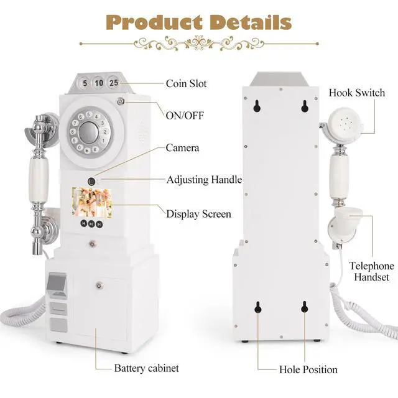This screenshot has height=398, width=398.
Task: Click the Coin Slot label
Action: [x=186, y=83]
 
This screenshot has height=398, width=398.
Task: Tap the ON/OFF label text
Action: [x=185, y=116]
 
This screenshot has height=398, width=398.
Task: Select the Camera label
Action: [x=182, y=148]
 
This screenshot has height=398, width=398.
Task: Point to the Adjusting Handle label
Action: [x=204, y=180]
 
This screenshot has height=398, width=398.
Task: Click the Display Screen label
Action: [x=198, y=214]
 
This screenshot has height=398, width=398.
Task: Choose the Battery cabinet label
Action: [x=147, y=368]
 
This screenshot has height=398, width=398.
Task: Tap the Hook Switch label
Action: [x=357, y=93]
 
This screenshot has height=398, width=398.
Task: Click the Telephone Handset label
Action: [x=371, y=272]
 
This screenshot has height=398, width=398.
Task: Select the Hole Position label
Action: [x=308, y=369]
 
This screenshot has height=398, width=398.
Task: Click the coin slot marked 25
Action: [x=113, y=81]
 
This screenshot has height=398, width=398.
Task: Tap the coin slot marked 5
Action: [x=85, y=81]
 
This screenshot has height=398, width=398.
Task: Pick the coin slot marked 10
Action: [x=98, y=81]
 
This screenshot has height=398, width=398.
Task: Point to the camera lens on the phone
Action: [x=91, y=180]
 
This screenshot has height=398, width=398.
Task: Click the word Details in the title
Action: [x=250, y=22]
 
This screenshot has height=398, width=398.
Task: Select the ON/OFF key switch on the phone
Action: [x=120, y=101]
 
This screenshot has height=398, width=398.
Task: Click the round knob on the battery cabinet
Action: [x=98, y=285]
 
